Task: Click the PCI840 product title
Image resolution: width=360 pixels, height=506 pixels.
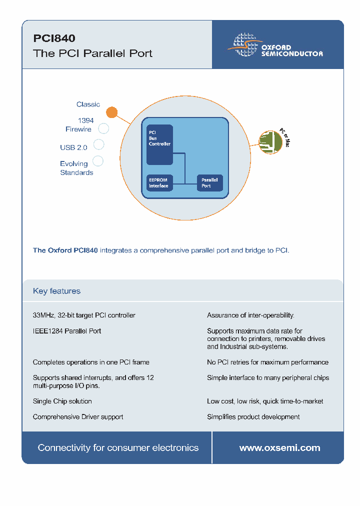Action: (x=54, y=38)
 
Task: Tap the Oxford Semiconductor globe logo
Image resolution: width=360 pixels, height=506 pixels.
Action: (x=244, y=44)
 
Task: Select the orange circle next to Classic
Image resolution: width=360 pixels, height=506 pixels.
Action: (x=112, y=112)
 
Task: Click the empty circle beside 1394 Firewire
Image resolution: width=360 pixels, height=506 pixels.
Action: (x=103, y=128)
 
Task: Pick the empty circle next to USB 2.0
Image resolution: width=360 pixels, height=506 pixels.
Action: (x=99, y=144)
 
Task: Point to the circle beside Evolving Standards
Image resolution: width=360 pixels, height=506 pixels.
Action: (x=98, y=161)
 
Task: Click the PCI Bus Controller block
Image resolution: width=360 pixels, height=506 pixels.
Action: (x=159, y=144)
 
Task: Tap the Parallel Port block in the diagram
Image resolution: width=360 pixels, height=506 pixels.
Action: (x=209, y=183)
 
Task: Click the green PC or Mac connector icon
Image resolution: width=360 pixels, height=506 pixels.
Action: (x=270, y=142)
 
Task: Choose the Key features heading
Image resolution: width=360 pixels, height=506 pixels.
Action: (x=56, y=291)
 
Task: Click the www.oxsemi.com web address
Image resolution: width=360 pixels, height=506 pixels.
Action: (x=279, y=448)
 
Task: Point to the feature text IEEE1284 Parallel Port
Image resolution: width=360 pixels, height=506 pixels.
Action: (x=67, y=331)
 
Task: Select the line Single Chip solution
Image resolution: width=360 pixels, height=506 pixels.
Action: (x=62, y=401)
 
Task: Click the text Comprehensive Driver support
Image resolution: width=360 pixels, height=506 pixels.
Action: (x=78, y=416)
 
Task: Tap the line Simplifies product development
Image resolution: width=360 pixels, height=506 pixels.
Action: (x=253, y=416)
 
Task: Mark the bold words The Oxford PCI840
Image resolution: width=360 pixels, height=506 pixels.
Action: (x=65, y=250)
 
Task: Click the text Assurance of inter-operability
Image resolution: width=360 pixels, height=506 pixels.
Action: (x=250, y=315)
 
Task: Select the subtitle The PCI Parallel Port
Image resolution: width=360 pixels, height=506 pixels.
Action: (x=92, y=53)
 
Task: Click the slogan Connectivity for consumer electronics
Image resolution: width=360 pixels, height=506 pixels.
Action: (x=118, y=448)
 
